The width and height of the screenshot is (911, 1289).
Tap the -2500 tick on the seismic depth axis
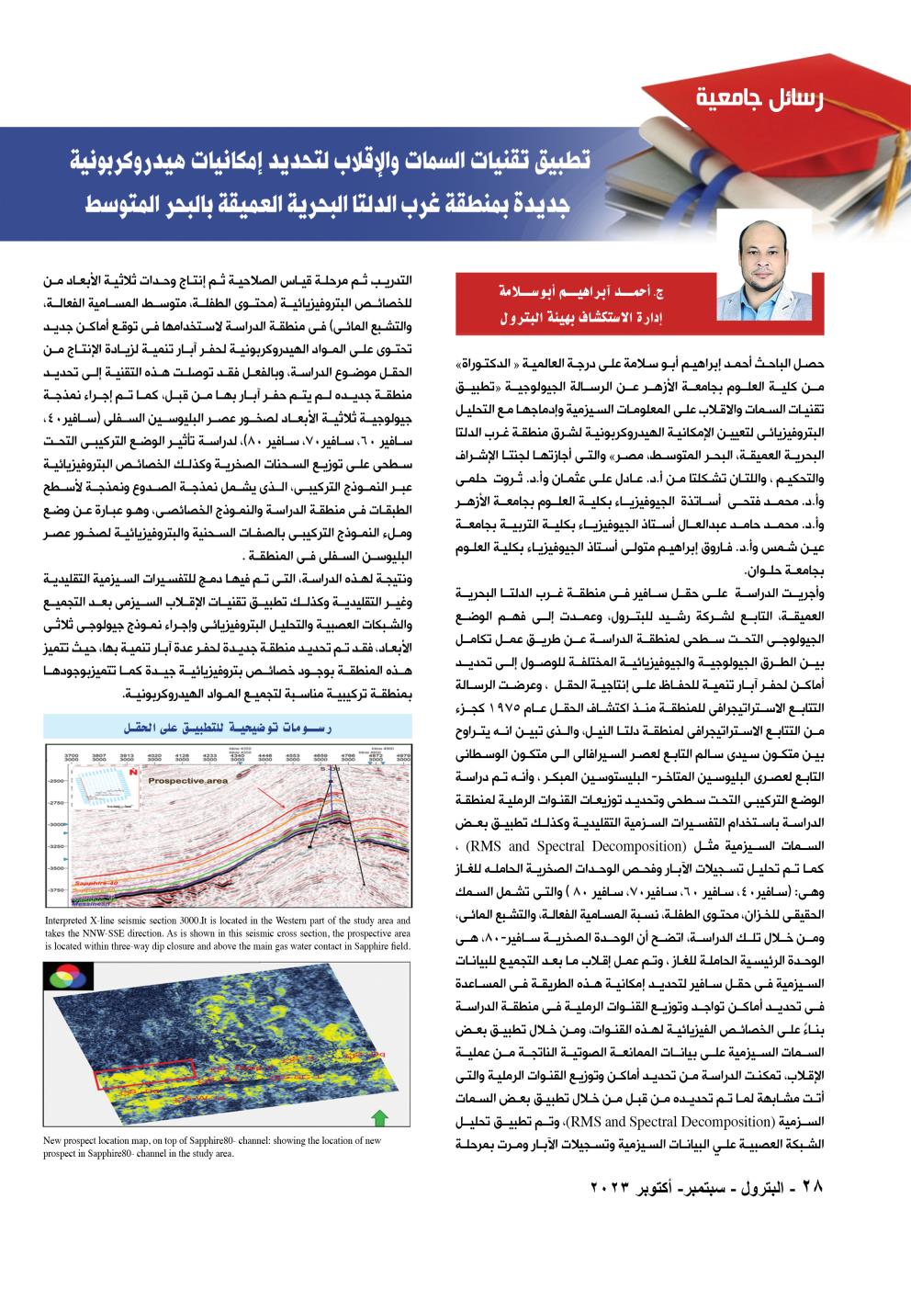55,780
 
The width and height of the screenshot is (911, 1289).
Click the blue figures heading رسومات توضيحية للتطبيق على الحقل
228,729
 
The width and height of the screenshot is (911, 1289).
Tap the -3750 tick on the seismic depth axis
55,889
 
